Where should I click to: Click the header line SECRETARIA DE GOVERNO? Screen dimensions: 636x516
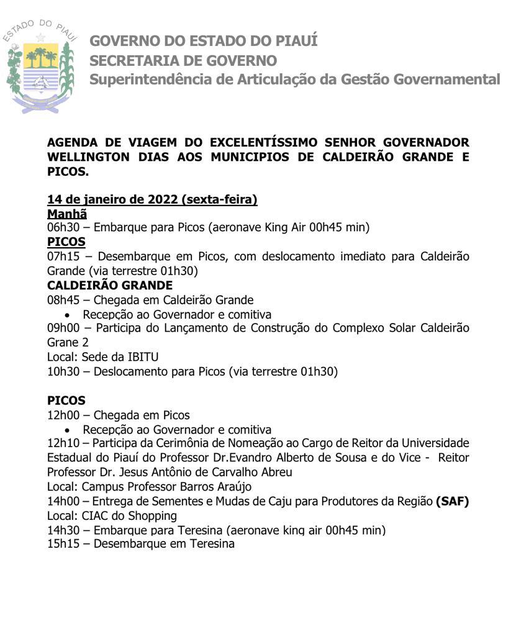[x=183, y=61]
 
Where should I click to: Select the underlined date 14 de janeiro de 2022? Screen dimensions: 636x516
[x=114, y=199]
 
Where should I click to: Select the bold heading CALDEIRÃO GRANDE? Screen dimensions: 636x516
[x=110, y=285]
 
